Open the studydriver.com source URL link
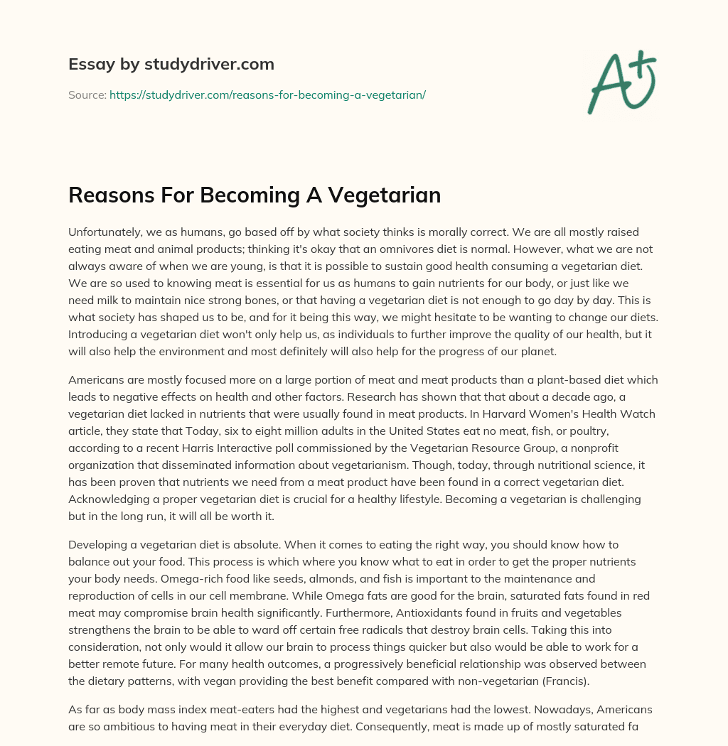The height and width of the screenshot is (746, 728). (x=267, y=94)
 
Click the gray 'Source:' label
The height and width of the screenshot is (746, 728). (x=87, y=94)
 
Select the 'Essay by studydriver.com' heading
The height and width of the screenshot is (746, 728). (x=171, y=64)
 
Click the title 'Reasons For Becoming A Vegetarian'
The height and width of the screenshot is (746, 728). (x=255, y=195)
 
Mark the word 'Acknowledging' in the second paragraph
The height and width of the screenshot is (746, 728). (x=106, y=499)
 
